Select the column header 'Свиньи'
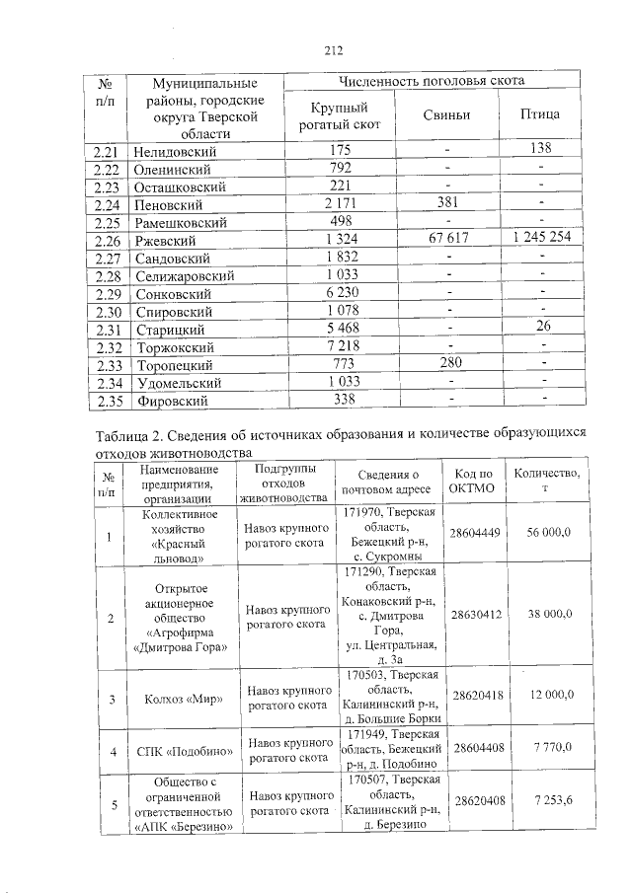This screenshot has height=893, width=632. point(446,115)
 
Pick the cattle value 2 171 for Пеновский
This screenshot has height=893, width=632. point(340,205)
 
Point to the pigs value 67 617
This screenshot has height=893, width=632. point(446,240)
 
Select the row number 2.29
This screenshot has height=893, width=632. point(106,294)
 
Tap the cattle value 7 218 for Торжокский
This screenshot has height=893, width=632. point(340,347)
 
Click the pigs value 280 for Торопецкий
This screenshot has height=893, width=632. point(446,365)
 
